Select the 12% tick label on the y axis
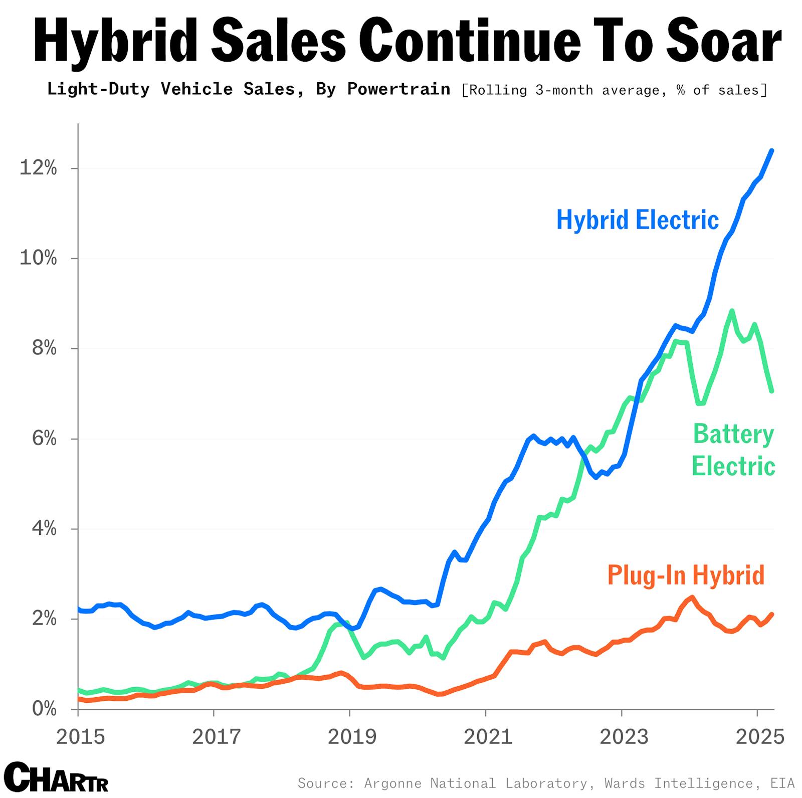coord(38,168)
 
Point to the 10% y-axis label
coord(38,258)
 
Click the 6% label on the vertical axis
coord(44,439)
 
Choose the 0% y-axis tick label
coord(44,709)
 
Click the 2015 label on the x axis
coord(80,737)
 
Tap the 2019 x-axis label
coord(351,737)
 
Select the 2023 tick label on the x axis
coord(624,737)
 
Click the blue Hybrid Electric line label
coord(638,220)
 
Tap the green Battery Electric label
coord(733,450)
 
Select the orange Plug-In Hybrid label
coord(686,575)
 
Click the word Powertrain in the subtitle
coord(398,89)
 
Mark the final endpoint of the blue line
coord(772,150)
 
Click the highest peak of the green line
coord(732,311)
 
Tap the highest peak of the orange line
coord(692,597)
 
